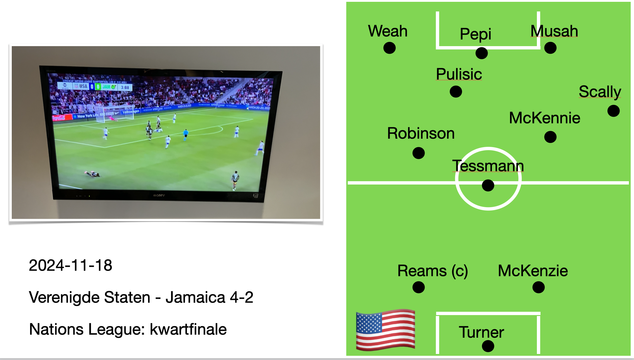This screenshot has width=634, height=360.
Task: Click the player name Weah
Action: click(x=388, y=31)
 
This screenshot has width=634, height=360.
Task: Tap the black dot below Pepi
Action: click(x=481, y=53)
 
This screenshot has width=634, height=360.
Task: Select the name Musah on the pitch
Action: click(x=554, y=31)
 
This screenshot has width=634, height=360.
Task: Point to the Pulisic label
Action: click(x=459, y=74)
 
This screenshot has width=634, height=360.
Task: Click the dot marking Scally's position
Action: click(x=613, y=111)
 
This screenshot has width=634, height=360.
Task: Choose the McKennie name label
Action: click(x=544, y=118)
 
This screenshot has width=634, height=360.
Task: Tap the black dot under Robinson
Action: click(x=418, y=153)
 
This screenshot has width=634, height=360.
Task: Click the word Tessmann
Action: click(x=488, y=166)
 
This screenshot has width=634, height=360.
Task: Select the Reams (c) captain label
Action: click(x=433, y=270)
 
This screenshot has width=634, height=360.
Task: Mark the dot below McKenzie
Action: click(x=538, y=287)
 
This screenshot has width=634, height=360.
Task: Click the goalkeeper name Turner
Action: click(x=481, y=332)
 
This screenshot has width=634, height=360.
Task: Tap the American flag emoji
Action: click(x=385, y=330)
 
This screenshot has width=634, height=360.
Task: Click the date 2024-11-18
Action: click(x=70, y=265)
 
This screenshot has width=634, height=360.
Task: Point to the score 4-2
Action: click(x=241, y=297)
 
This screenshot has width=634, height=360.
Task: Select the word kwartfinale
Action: click(x=188, y=329)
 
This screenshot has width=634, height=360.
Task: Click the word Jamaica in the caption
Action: click(x=195, y=297)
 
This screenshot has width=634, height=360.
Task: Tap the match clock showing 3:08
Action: click(x=125, y=87)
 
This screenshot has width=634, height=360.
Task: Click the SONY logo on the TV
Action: click(x=159, y=195)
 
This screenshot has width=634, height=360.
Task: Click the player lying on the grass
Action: click(x=93, y=174)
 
